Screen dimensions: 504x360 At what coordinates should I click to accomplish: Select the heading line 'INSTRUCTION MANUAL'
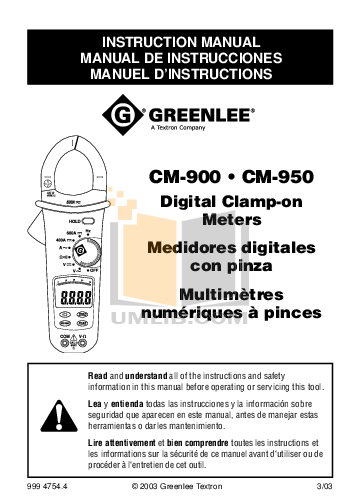pyautogui.click(x=179, y=45)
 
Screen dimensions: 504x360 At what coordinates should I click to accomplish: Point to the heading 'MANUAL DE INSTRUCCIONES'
pyautogui.click(x=179, y=59)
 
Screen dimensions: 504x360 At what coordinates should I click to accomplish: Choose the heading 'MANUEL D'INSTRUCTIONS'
pyautogui.click(x=179, y=73)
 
